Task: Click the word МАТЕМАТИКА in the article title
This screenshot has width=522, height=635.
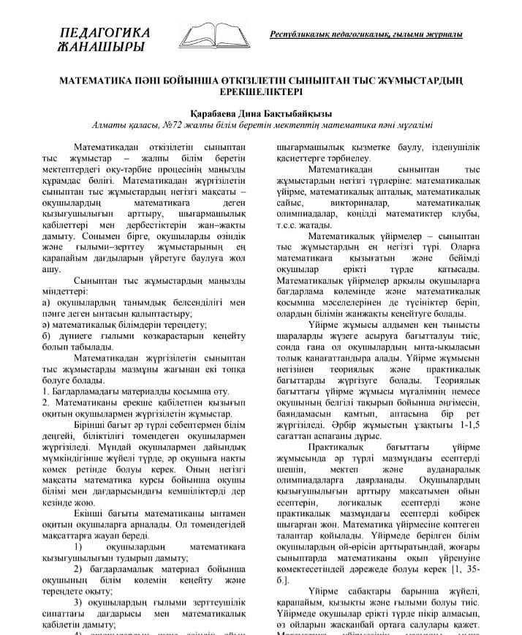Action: tap(96, 78)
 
